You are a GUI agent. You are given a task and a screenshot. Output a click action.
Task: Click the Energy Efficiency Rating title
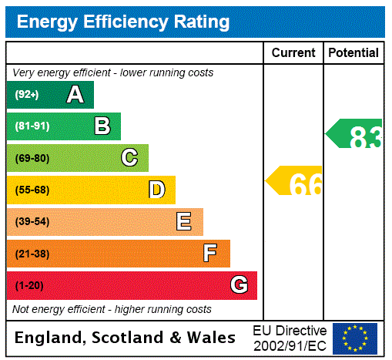click(122, 22)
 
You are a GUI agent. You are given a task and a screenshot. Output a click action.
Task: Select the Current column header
click(293, 53)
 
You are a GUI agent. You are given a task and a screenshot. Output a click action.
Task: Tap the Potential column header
click(353, 53)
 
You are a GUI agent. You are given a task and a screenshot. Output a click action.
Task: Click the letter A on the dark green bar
click(75, 95)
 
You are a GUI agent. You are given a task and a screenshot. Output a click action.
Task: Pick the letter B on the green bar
click(102, 126)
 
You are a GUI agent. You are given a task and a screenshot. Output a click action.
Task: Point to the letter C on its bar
click(129, 158)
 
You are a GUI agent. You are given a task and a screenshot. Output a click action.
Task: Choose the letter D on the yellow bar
click(156, 190)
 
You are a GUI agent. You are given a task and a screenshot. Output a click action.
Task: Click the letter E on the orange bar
click(184, 222)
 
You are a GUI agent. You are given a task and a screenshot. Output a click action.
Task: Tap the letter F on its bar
click(209, 254)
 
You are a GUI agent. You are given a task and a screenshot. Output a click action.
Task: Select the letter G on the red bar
click(239, 285)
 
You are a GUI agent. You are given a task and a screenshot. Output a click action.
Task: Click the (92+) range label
click(27, 95)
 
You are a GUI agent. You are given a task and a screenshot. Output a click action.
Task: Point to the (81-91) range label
click(32, 126)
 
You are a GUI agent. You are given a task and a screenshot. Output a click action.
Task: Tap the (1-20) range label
click(29, 286)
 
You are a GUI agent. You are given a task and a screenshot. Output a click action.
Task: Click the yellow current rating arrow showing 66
click(295, 183)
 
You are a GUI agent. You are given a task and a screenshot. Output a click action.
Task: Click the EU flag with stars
click(355, 338)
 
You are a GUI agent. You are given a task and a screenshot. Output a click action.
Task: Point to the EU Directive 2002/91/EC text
click(290, 338)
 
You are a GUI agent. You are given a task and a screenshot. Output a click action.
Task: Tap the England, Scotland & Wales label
click(126, 338)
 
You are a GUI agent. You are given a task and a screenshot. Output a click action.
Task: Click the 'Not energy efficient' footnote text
click(112, 309)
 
